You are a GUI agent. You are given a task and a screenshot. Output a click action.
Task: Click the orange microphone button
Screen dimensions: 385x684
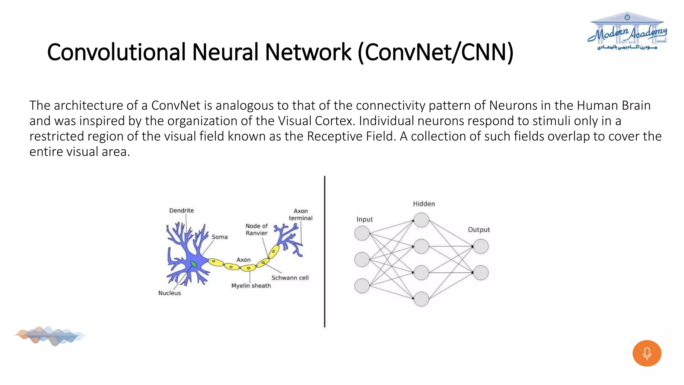tap(647, 353)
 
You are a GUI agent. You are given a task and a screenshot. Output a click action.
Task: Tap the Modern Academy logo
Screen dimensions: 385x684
tap(627, 32)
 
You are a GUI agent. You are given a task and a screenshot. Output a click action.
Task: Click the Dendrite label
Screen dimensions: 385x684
tap(181, 211)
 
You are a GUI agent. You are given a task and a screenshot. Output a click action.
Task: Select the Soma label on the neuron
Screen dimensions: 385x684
tap(219, 237)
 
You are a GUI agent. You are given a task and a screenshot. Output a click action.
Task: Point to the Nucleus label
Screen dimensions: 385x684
tap(169, 293)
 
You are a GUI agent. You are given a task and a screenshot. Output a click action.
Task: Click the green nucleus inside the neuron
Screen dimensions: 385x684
tap(193, 265)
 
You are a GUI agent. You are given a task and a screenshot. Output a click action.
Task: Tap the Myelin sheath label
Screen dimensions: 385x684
tap(251, 286)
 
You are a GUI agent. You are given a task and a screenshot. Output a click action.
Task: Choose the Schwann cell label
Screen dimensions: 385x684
tap(290, 278)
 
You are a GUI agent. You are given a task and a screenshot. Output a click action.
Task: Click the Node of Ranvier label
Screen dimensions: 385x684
tap(256, 230)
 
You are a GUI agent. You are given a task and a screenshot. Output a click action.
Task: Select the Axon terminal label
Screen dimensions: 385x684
tap(301, 215)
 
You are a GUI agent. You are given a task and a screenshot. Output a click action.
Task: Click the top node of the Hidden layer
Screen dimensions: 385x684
tap(421, 220)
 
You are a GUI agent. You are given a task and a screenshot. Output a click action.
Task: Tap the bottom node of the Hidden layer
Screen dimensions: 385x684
tap(421, 299)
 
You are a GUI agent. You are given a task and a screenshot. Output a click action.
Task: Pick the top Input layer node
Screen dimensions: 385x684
tap(362, 233)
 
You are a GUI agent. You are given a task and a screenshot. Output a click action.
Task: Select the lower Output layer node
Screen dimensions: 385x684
tap(481, 273)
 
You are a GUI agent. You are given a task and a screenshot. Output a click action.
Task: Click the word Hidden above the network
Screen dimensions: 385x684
tap(424, 204)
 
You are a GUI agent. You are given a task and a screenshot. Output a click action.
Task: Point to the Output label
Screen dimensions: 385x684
tap(479, 230)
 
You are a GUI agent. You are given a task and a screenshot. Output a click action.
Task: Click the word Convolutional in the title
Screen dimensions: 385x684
tap(116, 52)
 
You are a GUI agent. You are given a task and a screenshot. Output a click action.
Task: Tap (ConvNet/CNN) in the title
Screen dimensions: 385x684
tap(436, 52)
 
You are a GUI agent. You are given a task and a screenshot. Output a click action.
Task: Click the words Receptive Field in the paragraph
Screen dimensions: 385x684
tap(350, 136)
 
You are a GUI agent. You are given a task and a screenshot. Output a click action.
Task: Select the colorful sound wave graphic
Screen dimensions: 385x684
tap(50, 336)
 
